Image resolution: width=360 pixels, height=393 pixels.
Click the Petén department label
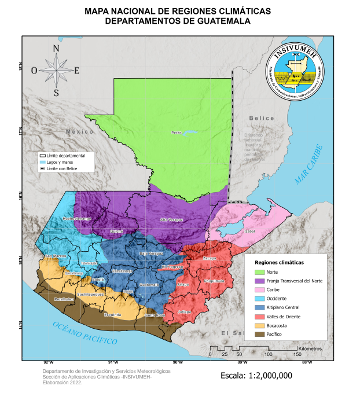coord(177,133)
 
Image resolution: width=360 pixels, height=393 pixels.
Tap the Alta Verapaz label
coord(171,220)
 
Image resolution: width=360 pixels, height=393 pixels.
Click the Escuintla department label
coord(112,315)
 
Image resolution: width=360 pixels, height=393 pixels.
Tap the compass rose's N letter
coord(56,48)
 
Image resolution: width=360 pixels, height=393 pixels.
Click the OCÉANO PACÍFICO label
coord(85,333)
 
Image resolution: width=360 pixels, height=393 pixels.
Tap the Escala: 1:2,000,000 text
coord(256,376)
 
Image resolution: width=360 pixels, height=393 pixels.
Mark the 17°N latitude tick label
coord(20,131)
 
